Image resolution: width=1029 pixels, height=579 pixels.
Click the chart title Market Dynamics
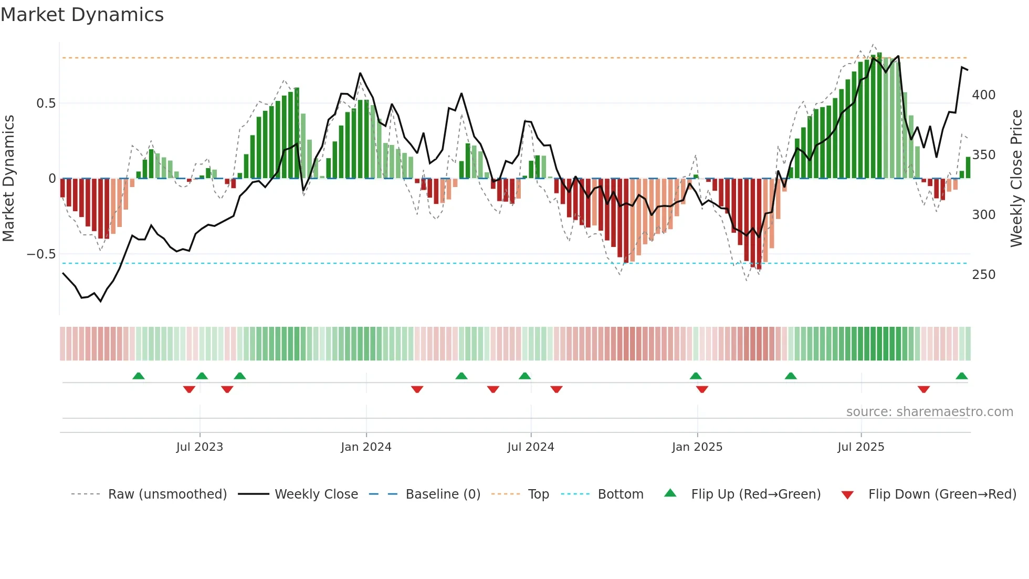point(82,15)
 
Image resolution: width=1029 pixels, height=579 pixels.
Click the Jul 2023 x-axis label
point(199,447)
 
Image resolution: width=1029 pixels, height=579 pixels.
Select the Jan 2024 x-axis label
point(366,447)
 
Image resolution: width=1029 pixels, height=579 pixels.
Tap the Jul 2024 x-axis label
point(530,447)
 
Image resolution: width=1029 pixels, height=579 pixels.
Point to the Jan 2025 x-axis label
point(697,447)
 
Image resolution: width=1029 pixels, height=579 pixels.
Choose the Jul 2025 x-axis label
point(860,447)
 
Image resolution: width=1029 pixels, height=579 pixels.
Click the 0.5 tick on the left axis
point(46,104)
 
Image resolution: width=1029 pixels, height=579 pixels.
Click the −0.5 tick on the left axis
point(41,254)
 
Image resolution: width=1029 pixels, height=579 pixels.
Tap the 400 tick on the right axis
point(983,95)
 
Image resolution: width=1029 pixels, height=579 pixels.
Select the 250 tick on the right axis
point(983,275)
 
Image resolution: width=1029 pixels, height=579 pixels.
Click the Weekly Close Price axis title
point(1016,179)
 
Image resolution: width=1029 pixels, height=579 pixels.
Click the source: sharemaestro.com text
point(929,412)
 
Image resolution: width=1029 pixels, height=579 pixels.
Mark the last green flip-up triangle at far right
point(961,376)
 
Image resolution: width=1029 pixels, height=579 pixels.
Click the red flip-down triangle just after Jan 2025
point(702,389)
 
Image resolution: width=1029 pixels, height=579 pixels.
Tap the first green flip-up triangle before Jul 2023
point(139,376)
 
